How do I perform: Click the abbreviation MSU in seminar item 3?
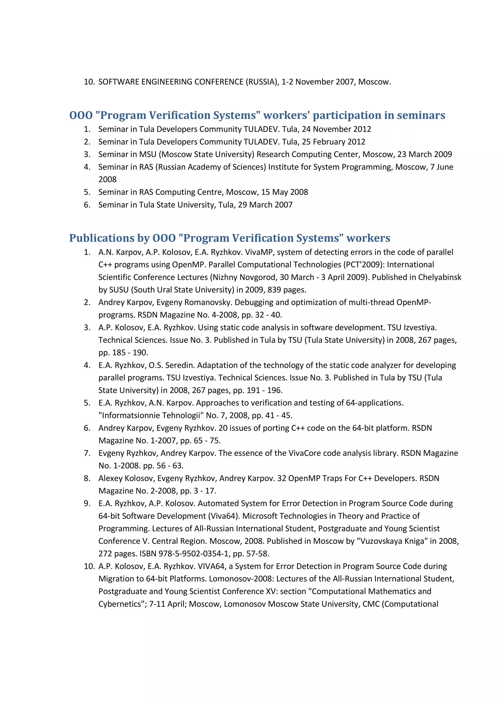[x=148, y=154]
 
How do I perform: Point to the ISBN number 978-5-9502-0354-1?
[x=193, y=554]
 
